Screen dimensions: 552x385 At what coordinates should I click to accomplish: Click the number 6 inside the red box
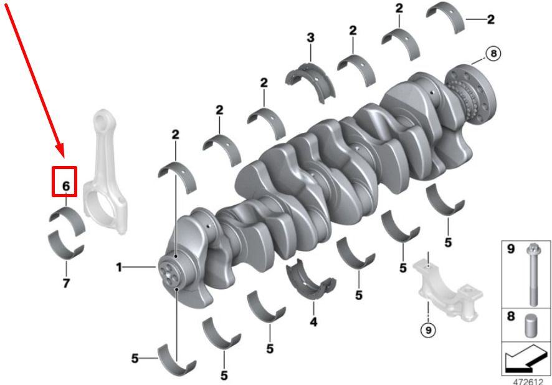(66, 186)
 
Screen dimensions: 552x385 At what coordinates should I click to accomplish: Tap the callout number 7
(66, 283)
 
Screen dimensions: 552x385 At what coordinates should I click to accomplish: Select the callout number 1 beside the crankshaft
(120, 268)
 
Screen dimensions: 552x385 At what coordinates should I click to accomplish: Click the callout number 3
(310, 37)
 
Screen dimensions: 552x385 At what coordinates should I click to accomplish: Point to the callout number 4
(313, 321)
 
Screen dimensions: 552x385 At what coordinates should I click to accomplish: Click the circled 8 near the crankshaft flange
(493, 54)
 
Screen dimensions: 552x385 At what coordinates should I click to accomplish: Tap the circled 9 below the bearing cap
(428, 330)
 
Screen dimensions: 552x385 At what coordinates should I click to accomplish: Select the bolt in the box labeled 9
(531, 275)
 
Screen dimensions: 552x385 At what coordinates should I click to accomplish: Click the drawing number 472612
(528, 381)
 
